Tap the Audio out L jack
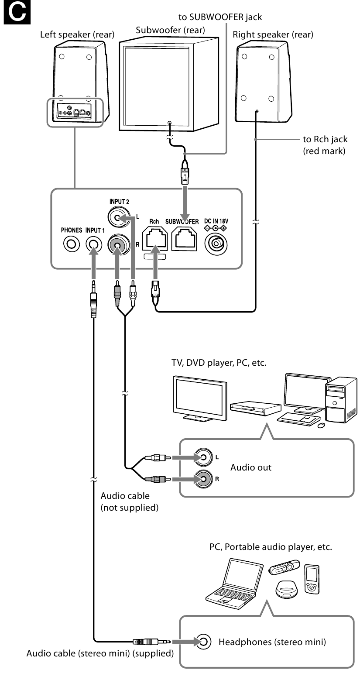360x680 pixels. point(204,458)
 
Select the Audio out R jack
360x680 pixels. point(204,478)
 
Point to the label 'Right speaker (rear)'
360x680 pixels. point(273,35)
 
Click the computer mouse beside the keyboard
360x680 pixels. point(321,425)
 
